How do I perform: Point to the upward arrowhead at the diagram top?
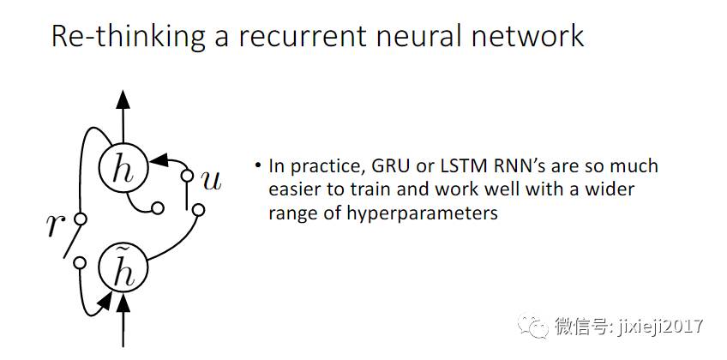coord(123,99)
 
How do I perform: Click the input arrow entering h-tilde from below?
coord(123,321)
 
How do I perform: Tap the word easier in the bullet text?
coord(294,189)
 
